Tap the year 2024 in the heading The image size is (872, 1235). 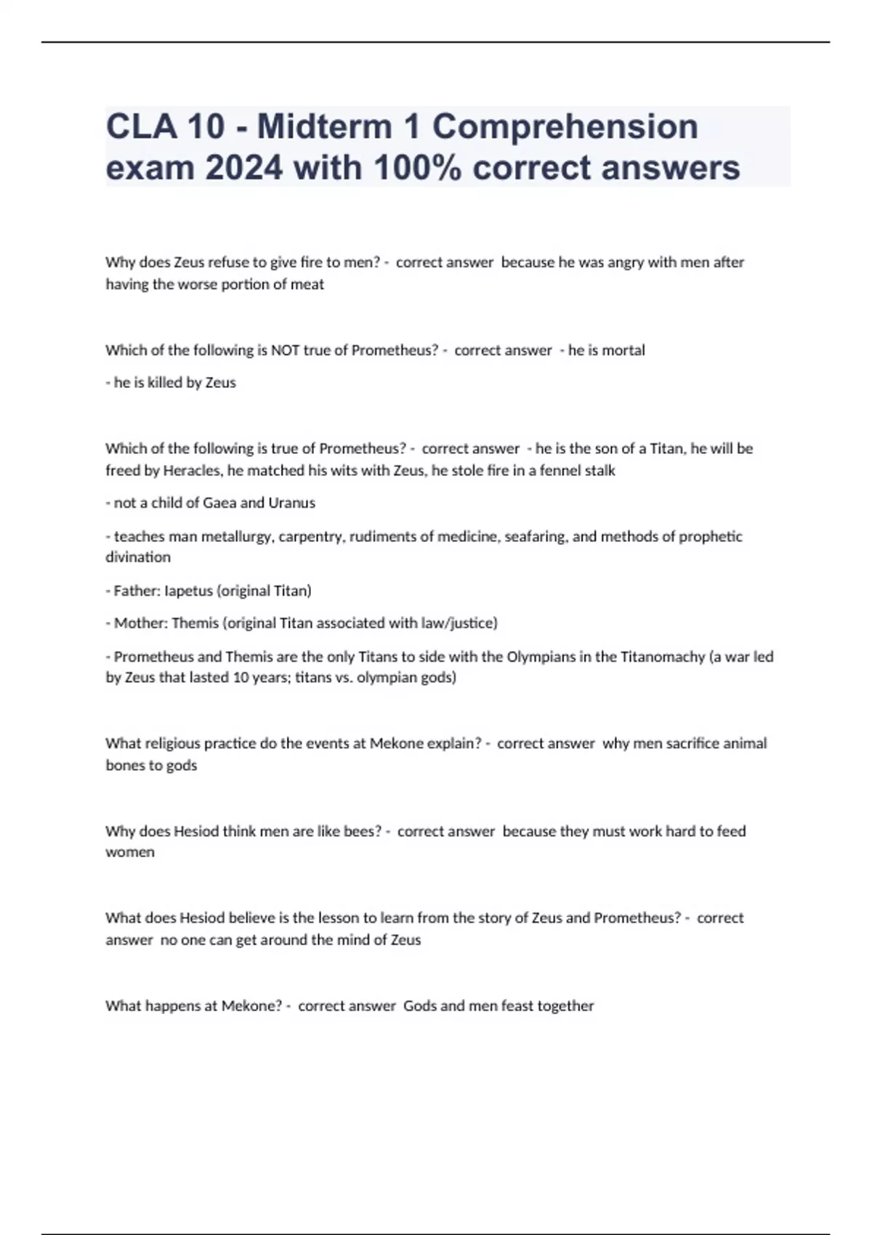coord(243,168)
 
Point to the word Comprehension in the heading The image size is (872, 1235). coord(565,126)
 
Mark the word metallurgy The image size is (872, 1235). coord(236,536)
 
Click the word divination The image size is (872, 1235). coord(138,557)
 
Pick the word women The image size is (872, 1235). coord(130,852)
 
